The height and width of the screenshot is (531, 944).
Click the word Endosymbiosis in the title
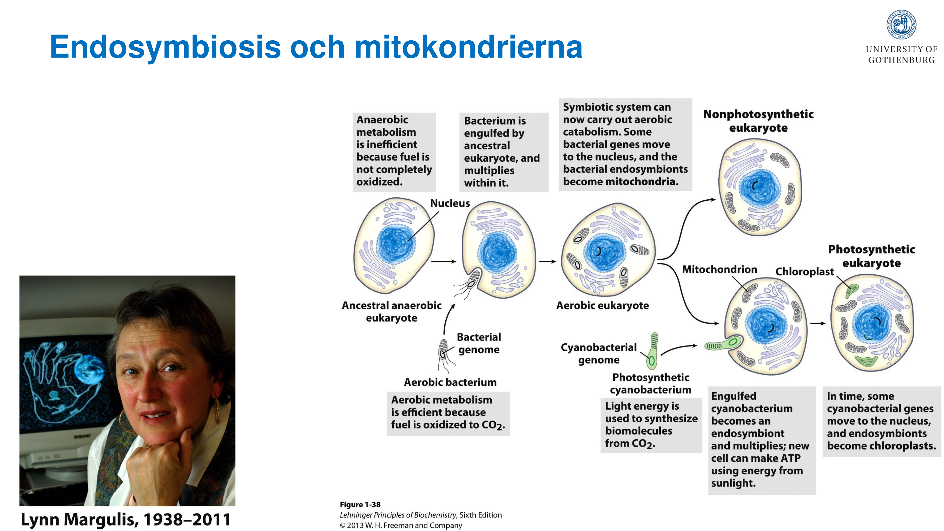coord(165,47)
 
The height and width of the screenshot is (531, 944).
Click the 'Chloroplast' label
coord(804,272)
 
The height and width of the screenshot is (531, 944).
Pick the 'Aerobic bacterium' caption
coord(450,382)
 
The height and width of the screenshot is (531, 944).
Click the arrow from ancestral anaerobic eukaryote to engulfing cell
coord(443,261)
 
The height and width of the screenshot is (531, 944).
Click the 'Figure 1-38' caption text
coord(360,504)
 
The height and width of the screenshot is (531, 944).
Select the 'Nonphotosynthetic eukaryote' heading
coord(758,121)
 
